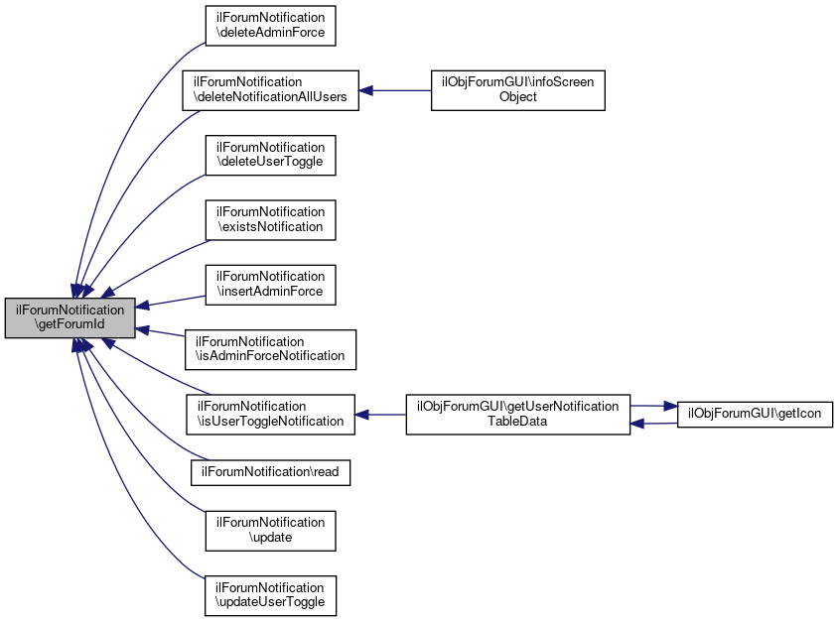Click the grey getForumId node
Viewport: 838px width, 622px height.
pos(70,318)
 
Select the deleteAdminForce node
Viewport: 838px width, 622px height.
pos(270,26)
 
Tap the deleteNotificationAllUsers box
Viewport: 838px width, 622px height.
pos(269,90)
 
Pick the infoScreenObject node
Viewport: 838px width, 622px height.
pos(517,90)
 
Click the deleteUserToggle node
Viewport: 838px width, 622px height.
pos(270,155)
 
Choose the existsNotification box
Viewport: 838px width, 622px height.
pos(270,219)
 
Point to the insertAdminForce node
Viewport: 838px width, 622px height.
pos(270,284)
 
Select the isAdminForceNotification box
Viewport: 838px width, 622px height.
pos(270,349)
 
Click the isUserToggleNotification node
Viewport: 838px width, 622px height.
pos(270,414)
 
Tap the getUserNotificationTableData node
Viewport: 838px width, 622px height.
pos(517,414)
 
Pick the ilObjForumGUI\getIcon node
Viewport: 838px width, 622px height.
pos(754,414)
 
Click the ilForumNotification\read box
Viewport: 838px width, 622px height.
pos(270,471)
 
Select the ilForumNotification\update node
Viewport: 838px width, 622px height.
pos(270,530)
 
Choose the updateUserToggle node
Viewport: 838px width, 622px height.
pos(270,595)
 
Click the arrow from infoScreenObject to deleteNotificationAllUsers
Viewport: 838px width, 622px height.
pos(394,90)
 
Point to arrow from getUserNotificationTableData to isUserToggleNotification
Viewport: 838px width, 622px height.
pos(380,414)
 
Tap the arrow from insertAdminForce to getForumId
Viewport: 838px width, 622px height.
pos(169,300)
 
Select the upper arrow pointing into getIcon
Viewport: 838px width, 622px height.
pos(653,406)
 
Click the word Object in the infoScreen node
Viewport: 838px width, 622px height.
pos(518,97)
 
